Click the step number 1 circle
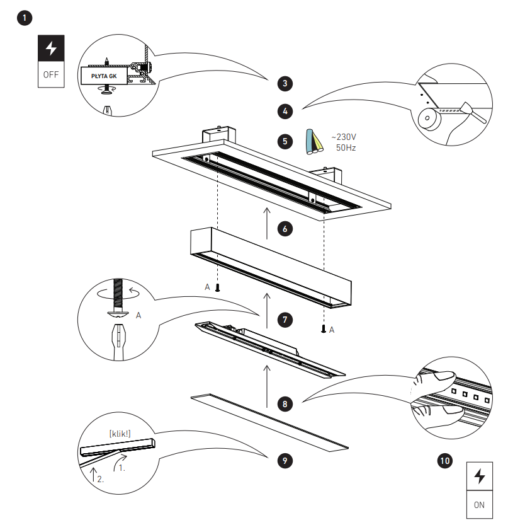click(25, 18)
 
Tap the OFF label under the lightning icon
click(50, 74)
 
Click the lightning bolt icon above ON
click(479, 476)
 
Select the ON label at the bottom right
click(479, 504)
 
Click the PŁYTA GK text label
click(104, 76)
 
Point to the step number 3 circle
click(285, 83)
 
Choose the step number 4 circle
click(285, 112)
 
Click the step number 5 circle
click(285, 141)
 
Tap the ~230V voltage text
click(344, 137)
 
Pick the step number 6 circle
click(285, 229)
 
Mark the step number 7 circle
click(285, 320)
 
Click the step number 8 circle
click(285, 402)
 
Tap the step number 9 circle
click(285, 461)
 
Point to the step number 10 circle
click(444, 461)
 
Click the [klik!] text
click(120, 434)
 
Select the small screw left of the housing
click(218, 288)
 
